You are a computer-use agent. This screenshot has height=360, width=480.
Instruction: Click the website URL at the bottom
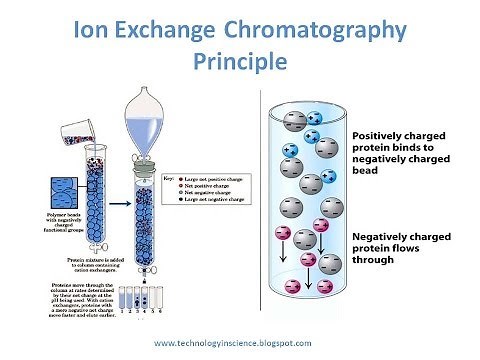point(240,342)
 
